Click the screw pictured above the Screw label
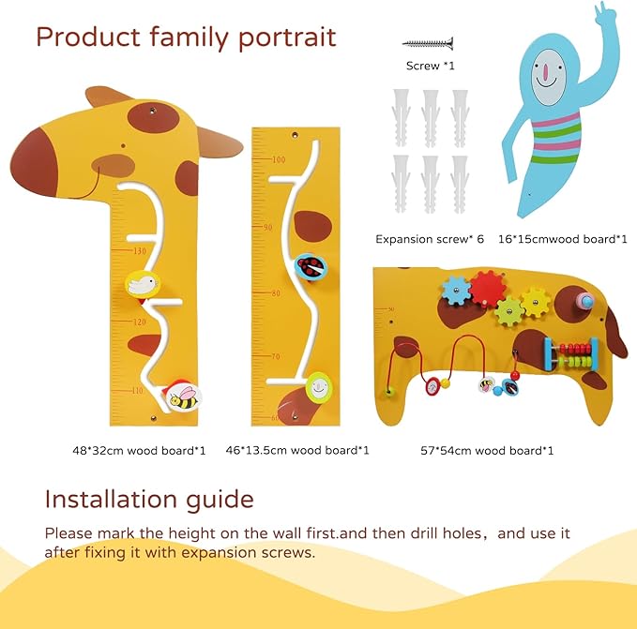click(x=428, y=42)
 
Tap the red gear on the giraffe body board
click(x=487, y=287)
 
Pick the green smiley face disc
click(x=320, y=385)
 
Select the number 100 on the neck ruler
click(x=278, y=159)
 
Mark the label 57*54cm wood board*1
click(x=487, y=450)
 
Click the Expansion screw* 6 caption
click(x=430, y=239)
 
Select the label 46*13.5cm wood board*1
click(x=297, y=450)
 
